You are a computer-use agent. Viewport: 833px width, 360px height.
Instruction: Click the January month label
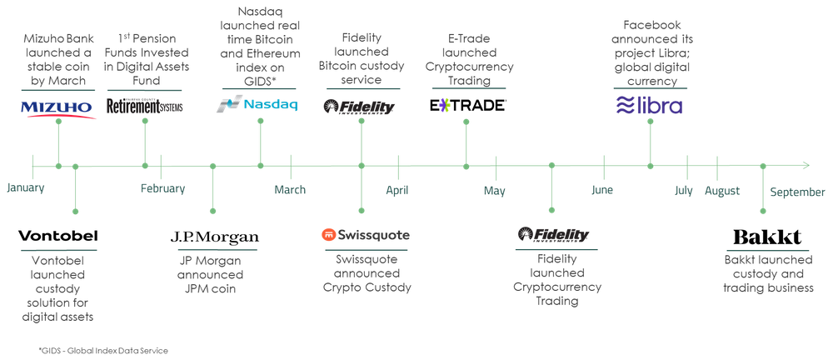pyautogui.click(x=26, y=187)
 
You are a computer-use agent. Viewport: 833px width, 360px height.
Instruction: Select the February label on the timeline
pyautogui.click(x=163, y=189)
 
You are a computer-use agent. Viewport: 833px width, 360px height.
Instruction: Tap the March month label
pyautogui.click(x=290, y=191)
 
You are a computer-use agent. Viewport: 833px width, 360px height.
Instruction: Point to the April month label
pyautogui.click(x=397, y=191)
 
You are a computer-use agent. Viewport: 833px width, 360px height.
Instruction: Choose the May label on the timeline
pyautogui.click(x=495, y=191)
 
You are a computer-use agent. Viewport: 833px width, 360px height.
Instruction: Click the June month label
pyautogui.click(x=602, y=191)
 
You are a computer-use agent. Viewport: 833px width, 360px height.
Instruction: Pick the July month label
pyautogui.click(x=684, y=191)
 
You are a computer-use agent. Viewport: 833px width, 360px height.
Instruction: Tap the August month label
pyautogui.click(x=721, y=191)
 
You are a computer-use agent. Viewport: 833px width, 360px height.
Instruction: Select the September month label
pyautogui.click(x=797, y=192)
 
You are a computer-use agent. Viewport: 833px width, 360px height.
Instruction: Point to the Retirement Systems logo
pyautogui.click(x=146, y=105)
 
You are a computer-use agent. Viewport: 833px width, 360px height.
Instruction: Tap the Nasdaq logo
pyautogui.click(x=257, y=105)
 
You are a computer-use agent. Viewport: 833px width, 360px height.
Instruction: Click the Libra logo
pyautogui.click(x=648, y=106)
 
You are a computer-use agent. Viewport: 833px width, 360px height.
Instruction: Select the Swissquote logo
pyautogui.click(x=366, y=235)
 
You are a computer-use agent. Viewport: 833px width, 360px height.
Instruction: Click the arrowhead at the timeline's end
pyautogui.click(x=806, y=165)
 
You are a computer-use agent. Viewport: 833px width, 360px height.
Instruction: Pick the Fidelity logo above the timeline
pyautogui.click(x=360, y=107)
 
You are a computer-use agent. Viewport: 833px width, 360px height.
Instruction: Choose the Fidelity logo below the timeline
pyautogui.click(x=553, y=235)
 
